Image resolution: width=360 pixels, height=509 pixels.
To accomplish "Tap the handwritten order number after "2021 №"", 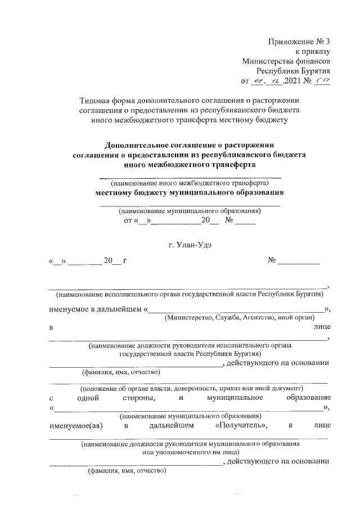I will [322, 81].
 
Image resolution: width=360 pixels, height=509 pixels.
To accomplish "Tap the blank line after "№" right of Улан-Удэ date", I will [299, 262].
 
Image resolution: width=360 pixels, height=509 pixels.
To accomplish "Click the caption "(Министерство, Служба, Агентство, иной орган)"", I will [242, 318].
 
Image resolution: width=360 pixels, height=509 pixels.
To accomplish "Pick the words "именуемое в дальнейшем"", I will [95, 308].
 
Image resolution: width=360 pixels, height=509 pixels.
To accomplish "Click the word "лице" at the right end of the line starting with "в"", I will [322, 327].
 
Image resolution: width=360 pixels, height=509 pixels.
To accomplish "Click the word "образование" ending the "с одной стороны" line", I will [307, 398].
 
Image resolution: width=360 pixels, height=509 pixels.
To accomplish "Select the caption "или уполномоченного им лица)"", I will [192, 452].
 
